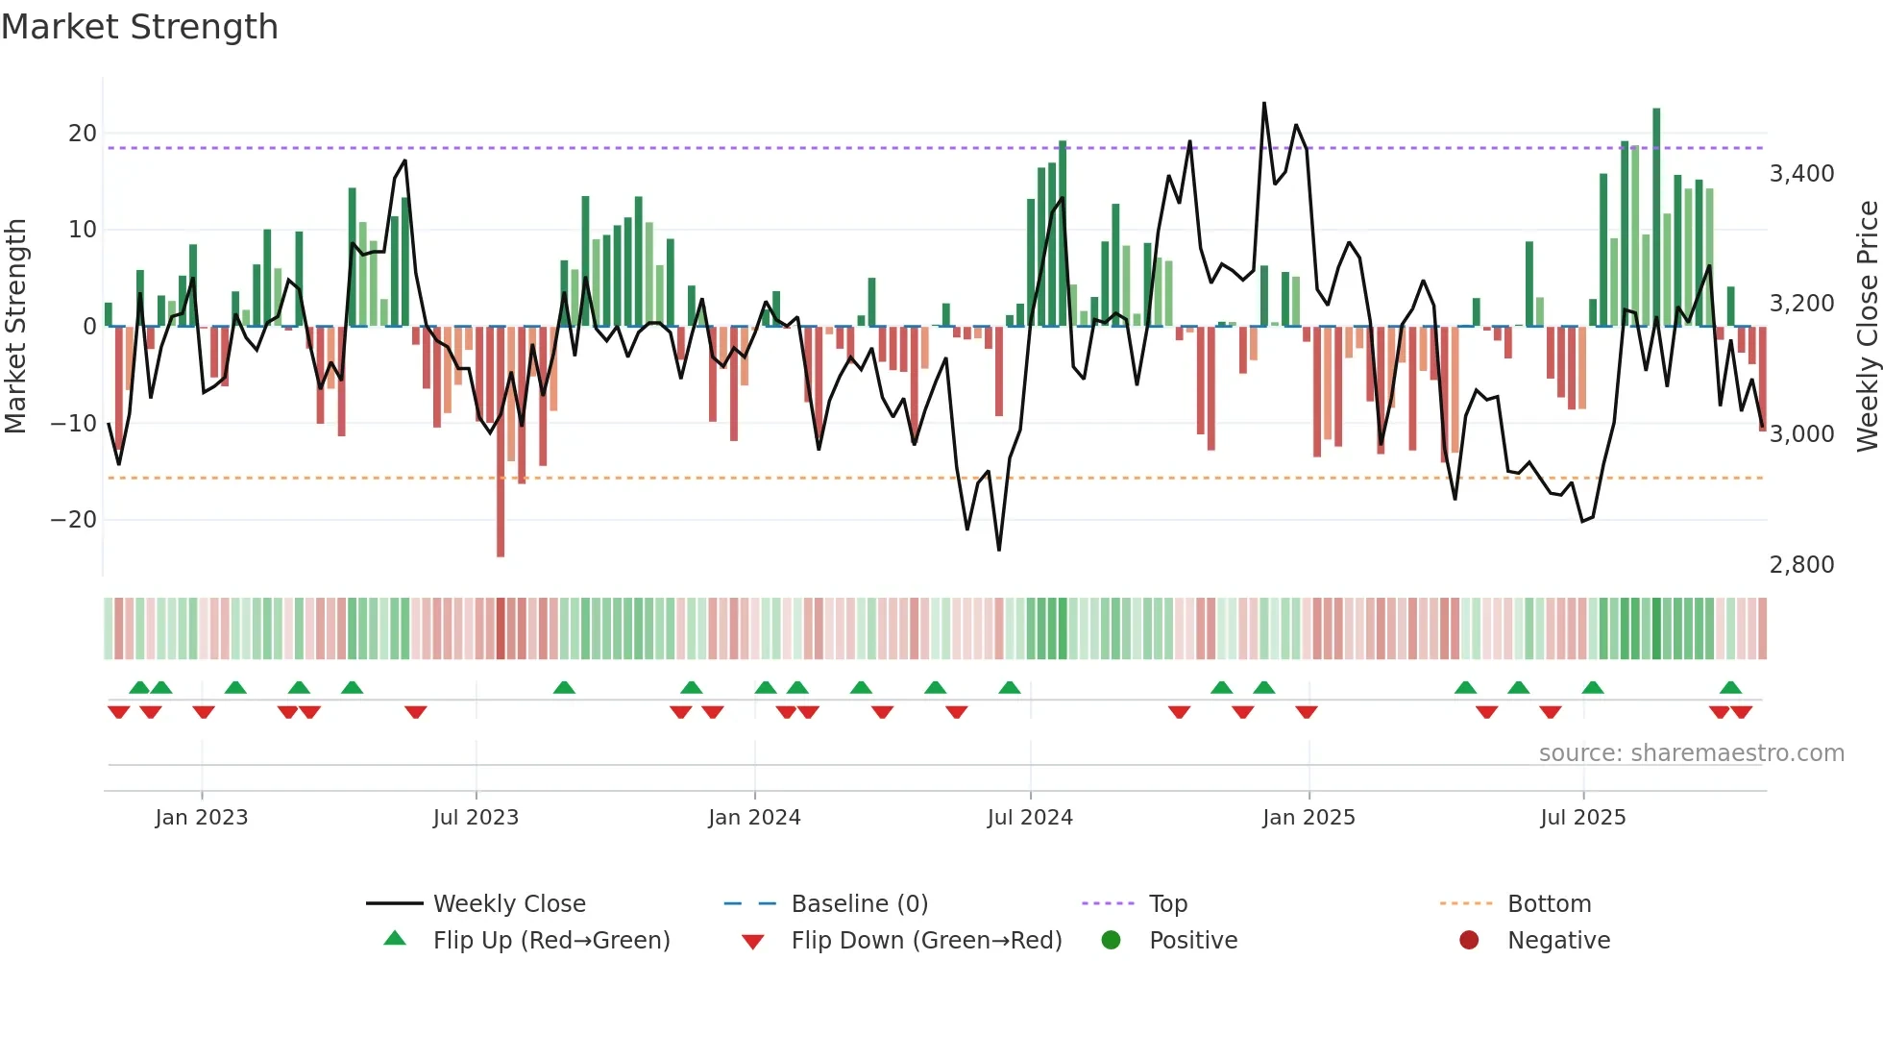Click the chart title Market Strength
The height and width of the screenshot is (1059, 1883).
(x=139, y=27)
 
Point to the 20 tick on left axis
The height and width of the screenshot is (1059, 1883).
(x=83, y=134)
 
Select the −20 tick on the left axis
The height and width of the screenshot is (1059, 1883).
(x=74, y=520)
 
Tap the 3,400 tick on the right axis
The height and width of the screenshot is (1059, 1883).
(x=1801, y=174)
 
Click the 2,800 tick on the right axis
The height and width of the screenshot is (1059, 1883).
(x=1801, y=565)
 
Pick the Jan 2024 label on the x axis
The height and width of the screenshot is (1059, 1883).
(x=754, y=818)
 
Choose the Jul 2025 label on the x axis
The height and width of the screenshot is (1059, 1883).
(x=1582, y=818)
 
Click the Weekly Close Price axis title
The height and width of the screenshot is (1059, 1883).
(x=1867, y=326)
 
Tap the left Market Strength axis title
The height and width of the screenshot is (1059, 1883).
(x=15, y=326)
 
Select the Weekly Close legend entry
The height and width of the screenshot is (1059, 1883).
(x=509, y=904)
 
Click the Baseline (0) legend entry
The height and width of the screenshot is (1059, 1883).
(x=859, y=904)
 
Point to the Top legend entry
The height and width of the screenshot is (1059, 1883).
(x=1168, y=904)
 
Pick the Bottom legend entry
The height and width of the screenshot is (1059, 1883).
(x=1549, y=904)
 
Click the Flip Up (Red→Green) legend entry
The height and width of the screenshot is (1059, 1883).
(x=550, y=941)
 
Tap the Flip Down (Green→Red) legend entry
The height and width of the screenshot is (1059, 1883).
(x=926, y=941)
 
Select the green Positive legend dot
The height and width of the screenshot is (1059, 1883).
(x=1111, y=941)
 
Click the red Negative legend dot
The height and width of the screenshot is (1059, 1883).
(x=1469, y=941)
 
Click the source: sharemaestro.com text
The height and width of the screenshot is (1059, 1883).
(x=1691, y=753)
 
